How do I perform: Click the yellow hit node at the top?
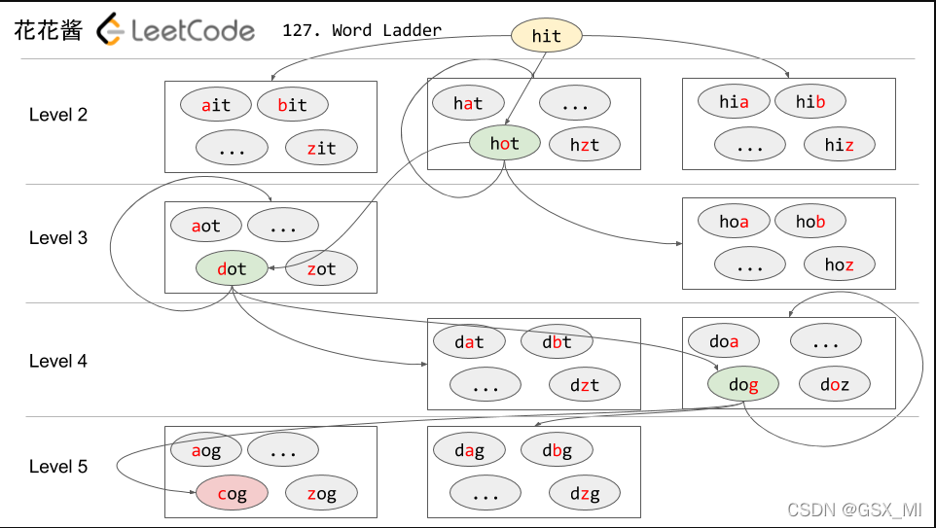click(547, 36)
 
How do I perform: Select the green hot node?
click(504, 144)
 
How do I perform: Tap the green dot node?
click(232, 268)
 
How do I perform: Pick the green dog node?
click(742, 385)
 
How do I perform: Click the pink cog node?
click(232, 494)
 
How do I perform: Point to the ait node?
click(215, 105)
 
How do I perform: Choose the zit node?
click(321, 148)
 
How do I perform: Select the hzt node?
click(584, 145)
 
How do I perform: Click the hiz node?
click(839, 145)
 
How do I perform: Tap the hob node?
click(810, 221)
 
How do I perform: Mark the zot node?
click(321, 268)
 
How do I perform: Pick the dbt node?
click(556, 341)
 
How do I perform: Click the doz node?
click(834, 384)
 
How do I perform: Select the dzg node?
click(584, 494)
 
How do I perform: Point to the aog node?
click(206, 450)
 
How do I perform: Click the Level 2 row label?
click(58, 115)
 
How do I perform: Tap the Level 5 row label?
click(58, 467)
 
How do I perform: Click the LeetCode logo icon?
click(112, 30)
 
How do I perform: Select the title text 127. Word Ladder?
click(361, 30)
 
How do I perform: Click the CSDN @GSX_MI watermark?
click(853, 509)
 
